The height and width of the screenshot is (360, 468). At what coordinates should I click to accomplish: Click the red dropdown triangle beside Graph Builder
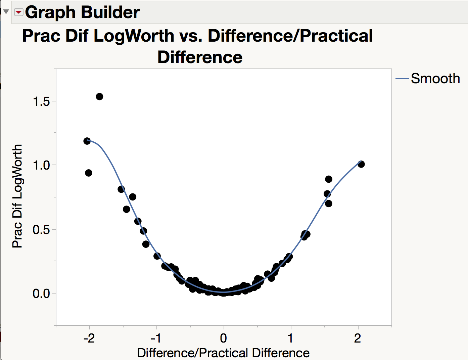point(18,12)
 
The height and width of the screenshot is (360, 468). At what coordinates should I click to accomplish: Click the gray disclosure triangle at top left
point(6,12)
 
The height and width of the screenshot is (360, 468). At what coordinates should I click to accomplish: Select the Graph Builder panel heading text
point(82,12)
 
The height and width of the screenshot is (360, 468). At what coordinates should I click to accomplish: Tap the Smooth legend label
point(435,79)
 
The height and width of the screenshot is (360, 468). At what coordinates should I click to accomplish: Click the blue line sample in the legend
point(402,79)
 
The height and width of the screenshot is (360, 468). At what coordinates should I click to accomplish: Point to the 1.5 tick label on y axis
point(42,101)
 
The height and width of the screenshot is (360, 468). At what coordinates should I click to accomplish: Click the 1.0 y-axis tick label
point(42,165)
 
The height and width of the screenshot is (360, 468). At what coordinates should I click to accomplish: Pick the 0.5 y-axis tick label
point(42,230)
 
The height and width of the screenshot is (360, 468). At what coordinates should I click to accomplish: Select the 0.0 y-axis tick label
point(42,294)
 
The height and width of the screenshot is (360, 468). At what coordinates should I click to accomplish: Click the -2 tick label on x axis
point(89,338)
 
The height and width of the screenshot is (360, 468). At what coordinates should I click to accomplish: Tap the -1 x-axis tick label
point(156,338)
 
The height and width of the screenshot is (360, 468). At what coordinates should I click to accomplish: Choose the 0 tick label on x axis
point(224,338)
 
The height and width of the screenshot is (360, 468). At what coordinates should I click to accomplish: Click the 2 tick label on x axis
point(358,338)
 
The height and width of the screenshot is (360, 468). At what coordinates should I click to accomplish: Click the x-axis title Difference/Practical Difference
point(223,353)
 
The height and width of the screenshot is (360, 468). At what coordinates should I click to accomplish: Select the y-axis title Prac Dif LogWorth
point(17,196)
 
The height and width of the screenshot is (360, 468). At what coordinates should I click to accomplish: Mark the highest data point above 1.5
point(99,97)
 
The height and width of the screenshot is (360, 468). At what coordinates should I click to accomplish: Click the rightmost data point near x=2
point(361,164)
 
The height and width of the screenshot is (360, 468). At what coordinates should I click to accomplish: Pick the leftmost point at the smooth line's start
point(87,141)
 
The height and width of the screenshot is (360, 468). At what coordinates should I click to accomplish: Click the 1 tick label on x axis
point(291,338)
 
